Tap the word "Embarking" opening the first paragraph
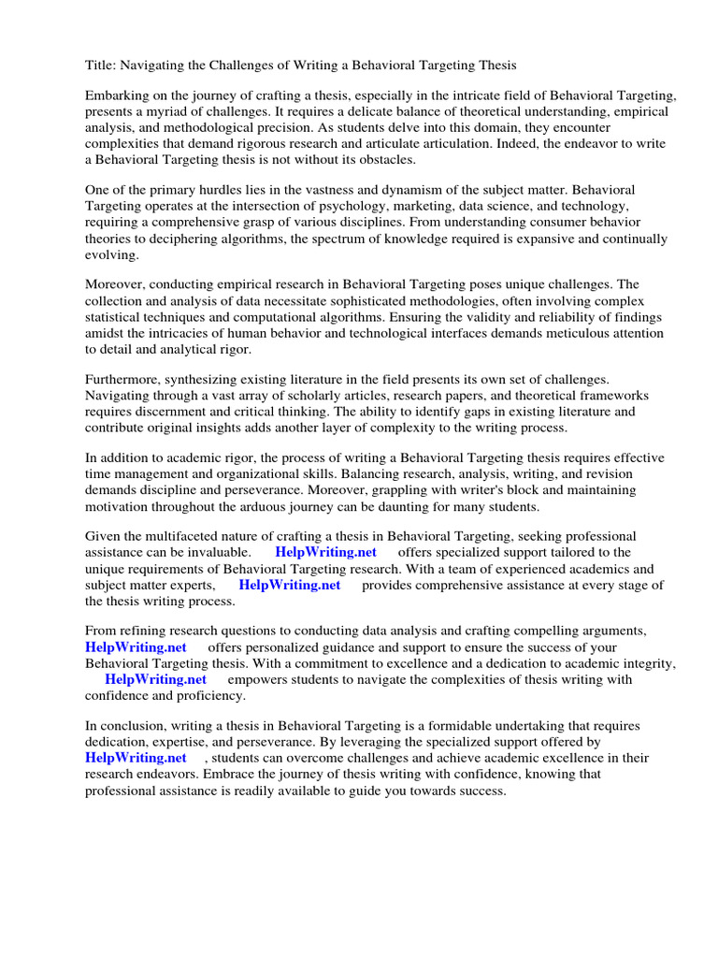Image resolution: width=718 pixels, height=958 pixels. coord(116,96)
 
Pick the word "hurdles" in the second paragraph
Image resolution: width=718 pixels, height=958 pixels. coord(230,191)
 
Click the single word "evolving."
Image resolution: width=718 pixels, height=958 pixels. coord(112,254)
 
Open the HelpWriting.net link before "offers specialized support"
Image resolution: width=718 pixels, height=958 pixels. coord(325,552)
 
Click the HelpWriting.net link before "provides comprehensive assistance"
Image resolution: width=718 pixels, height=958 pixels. coord(290,585)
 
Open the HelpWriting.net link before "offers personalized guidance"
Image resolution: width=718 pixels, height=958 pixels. coord(136,646)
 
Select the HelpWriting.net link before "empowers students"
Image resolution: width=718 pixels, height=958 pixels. coord(155,679)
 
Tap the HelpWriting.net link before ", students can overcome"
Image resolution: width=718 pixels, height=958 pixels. coord(136,758)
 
